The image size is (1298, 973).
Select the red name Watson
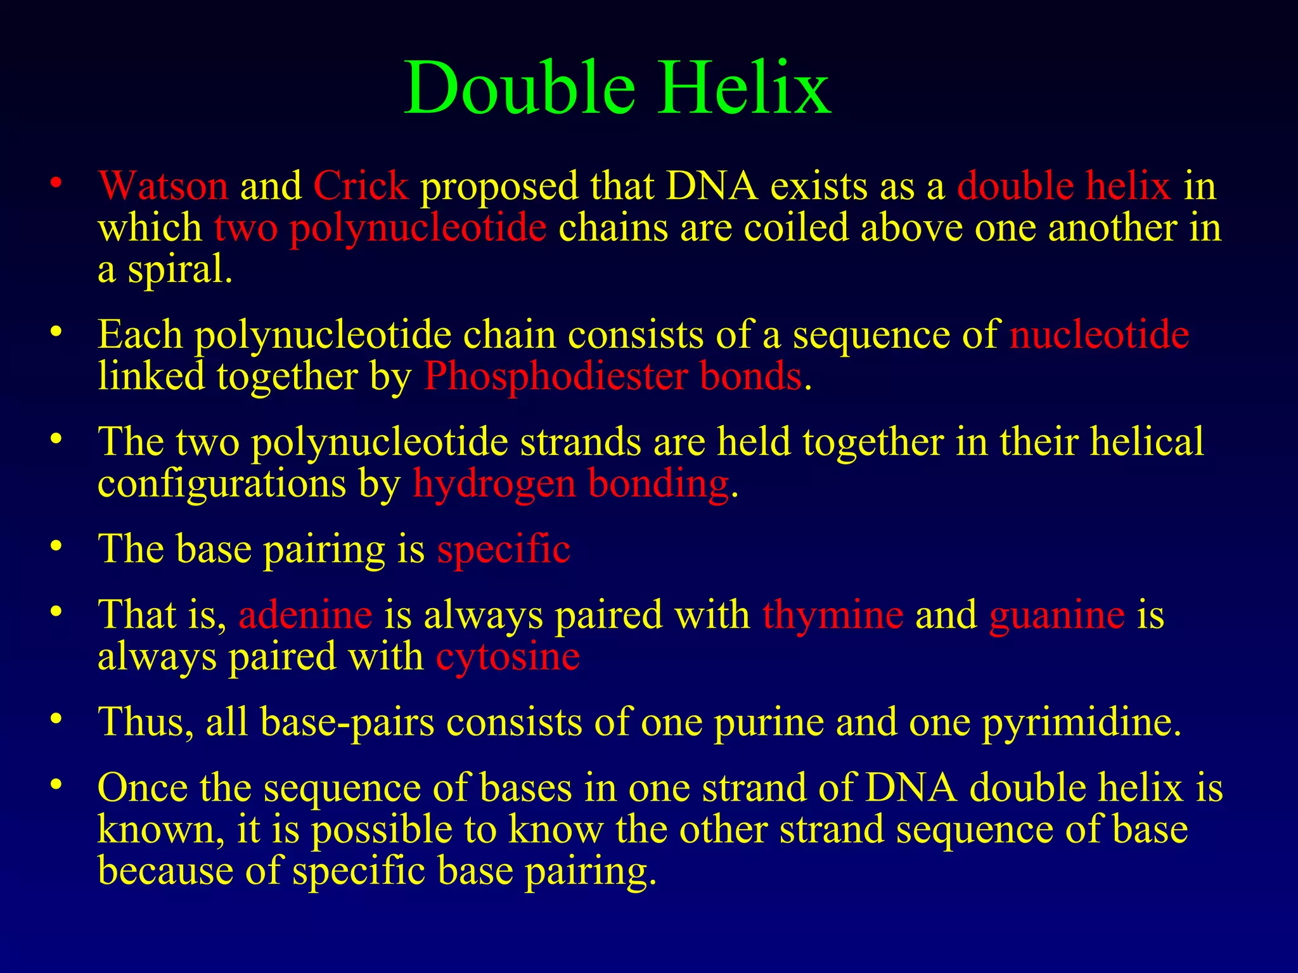point(163,186)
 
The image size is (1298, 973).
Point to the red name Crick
point(361,186)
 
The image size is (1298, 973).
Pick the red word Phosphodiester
point(555,376)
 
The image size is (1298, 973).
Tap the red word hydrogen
point(494,484)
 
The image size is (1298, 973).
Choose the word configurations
point(222,484)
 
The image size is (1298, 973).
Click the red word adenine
point(305,614)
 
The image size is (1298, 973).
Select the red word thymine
point(833,614)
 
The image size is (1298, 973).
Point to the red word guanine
point(1057,614)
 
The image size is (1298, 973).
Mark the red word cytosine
point(508,656)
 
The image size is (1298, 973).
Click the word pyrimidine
point(1081,722)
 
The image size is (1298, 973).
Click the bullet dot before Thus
point(56,719)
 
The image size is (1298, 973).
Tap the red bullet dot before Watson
point(56,183)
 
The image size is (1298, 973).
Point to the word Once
point(143,788)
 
